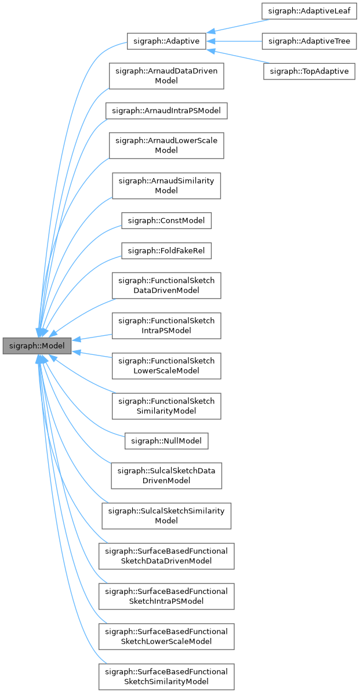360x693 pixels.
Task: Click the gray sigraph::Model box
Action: (x=37, y=346)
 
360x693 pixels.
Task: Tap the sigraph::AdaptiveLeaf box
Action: (x=308, y=10)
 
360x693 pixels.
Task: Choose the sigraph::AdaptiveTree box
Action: (x=308, y=41)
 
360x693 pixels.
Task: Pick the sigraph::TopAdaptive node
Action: (x=308, y=71)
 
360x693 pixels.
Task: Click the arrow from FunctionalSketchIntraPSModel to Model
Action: (x=93, y=337)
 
